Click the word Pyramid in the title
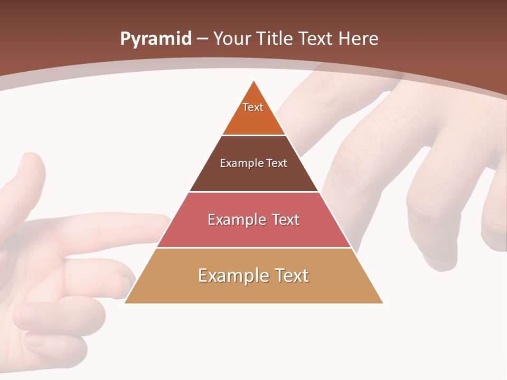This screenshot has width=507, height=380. pos(155,39)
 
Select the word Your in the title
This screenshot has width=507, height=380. pos(232,39)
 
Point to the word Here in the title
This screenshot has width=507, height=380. pos(359,39)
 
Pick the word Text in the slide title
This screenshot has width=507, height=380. pos(316,39)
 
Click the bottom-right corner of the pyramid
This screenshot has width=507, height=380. pos(383,303)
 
